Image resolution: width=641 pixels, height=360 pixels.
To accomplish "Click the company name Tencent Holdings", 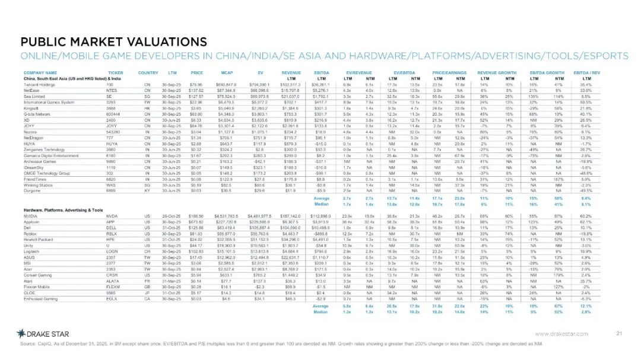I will (40, 85).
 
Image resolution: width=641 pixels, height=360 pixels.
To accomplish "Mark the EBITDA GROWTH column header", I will (548, 71).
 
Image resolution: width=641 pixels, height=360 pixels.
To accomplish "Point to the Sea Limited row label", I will (35, 96).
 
